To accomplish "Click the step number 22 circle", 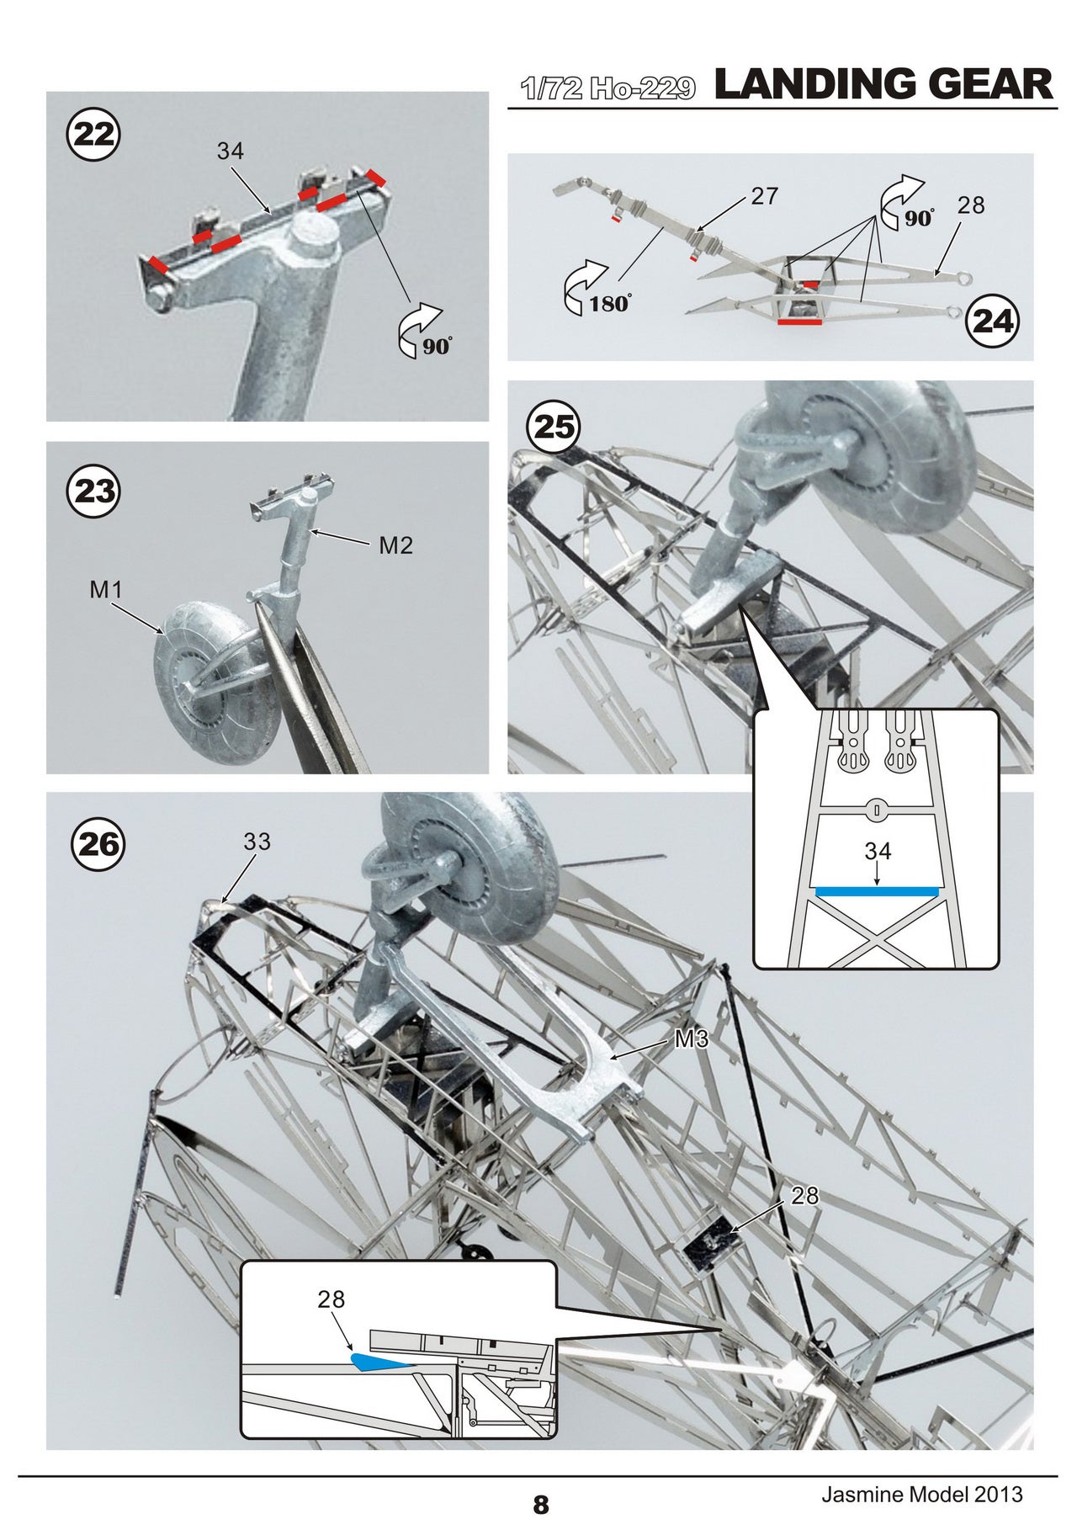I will pyautogui.click(x=94, y=135).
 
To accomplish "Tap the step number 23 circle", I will pyautogui.click(x=94, y=491).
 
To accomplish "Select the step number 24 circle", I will pyautogui.click(x=993, y=321).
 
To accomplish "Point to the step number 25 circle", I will pyautogui.click(x=554, y=427).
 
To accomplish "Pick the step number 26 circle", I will pyautogui.click(x=98, y=844).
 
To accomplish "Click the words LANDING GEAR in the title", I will pyautogui.click(x=883, y=85).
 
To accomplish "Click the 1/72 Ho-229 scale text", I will pyautogui.click(x=607, y=88).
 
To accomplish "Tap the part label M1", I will pyautogui.click(x=106, y=591).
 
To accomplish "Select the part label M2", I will pyautogui.click(x=395, y=546).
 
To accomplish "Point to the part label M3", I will pyautogui.click(x=692, y=1039).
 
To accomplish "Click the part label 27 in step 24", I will pyautogui.click(x=764, y=196).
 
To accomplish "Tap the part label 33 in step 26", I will pyautogui.click(x=257, y=842).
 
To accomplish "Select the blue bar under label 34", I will pyautogui.click(x=877, y=890).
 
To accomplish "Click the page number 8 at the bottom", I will pyautogui.click(x=540, y=1504).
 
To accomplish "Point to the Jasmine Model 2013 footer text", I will pyautogui.click(x=921, y=1494).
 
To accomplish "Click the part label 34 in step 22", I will pyautogui.click(x=230, y=151).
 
